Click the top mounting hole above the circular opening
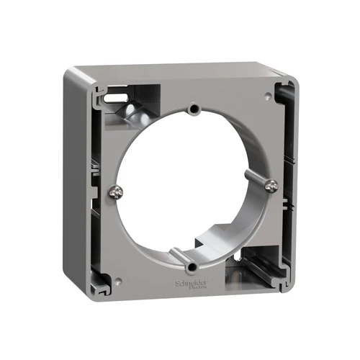[x=193, y=109]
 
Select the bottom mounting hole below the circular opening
[x=190, y=268]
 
